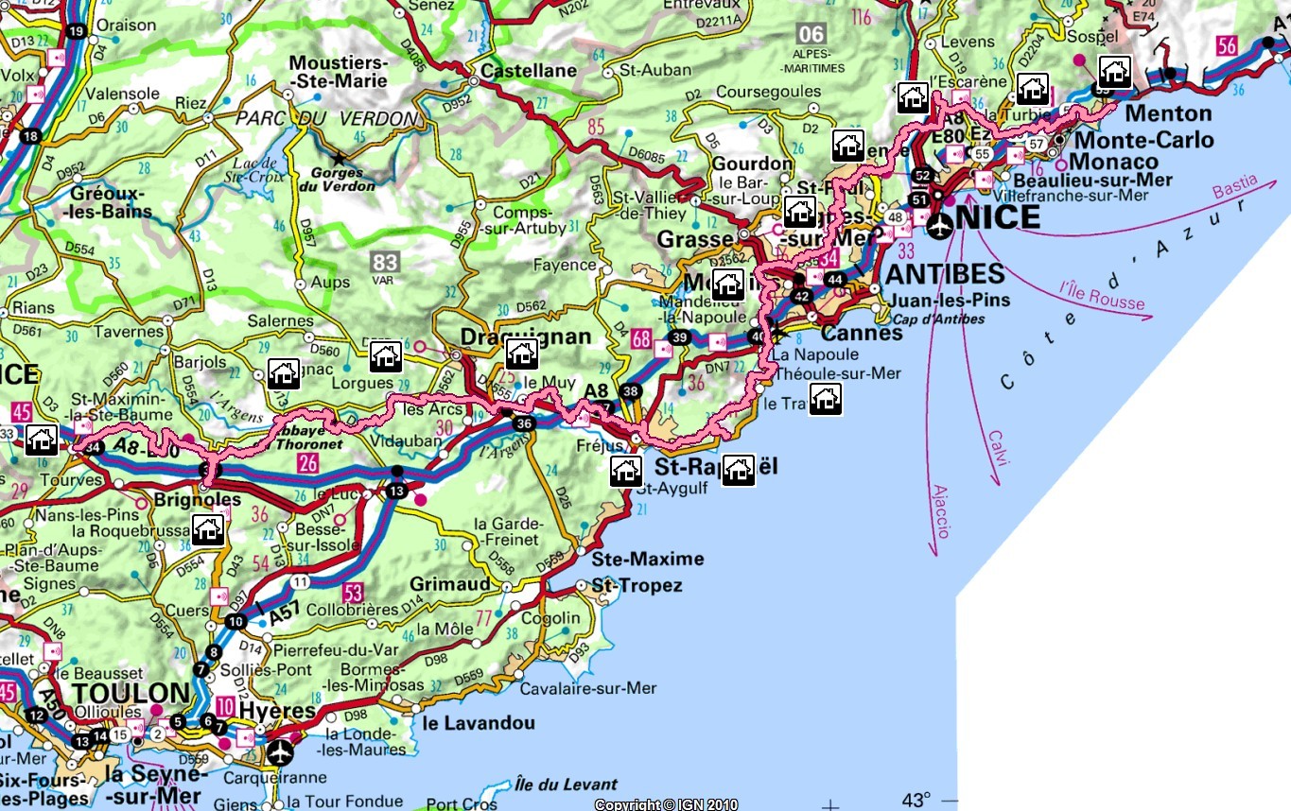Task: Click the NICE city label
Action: click(1003, 217)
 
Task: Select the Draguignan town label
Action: click(526, 336)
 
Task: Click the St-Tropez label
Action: click(637, 586)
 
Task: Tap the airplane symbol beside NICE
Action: click(940, 227)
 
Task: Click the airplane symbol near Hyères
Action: click(279, 752)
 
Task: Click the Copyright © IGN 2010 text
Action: click(666, 804)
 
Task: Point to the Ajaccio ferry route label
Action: click(939, 511)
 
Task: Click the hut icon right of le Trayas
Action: click(826, 399)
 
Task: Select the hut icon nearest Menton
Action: click(1115, 72)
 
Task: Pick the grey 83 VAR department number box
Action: click(386, 264)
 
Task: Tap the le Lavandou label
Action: click(479, 723)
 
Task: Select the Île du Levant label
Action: click(566, 785)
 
